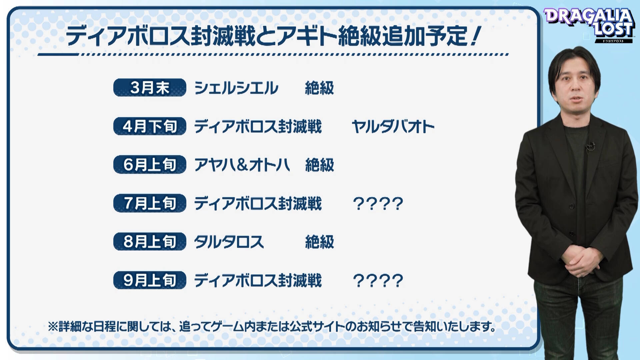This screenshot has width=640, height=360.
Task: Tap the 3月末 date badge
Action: [150, 88]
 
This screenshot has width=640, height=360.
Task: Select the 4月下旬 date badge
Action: [150, 126]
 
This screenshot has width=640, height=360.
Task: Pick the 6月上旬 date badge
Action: [150, 165]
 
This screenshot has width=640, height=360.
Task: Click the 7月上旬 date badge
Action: [150, 203]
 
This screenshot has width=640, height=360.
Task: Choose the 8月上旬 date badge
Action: [150, 242]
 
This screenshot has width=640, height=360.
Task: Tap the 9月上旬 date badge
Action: [150, 280]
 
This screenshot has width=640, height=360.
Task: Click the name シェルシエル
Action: [236, 88]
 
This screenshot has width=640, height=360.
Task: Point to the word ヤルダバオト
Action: [393, 127]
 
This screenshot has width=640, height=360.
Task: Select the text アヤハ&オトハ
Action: [242, 165]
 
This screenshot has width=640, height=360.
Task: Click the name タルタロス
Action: [229, 242]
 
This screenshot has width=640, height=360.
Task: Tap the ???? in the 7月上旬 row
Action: [378, 204]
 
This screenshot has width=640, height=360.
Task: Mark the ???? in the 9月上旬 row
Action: [378, 281]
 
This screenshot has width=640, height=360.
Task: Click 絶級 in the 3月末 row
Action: [319, 88]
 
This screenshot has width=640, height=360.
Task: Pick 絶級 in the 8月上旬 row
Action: [319, 242]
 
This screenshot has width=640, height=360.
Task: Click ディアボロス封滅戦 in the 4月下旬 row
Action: [258, 127]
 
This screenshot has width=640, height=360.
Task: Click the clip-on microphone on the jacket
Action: [590, 145]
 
